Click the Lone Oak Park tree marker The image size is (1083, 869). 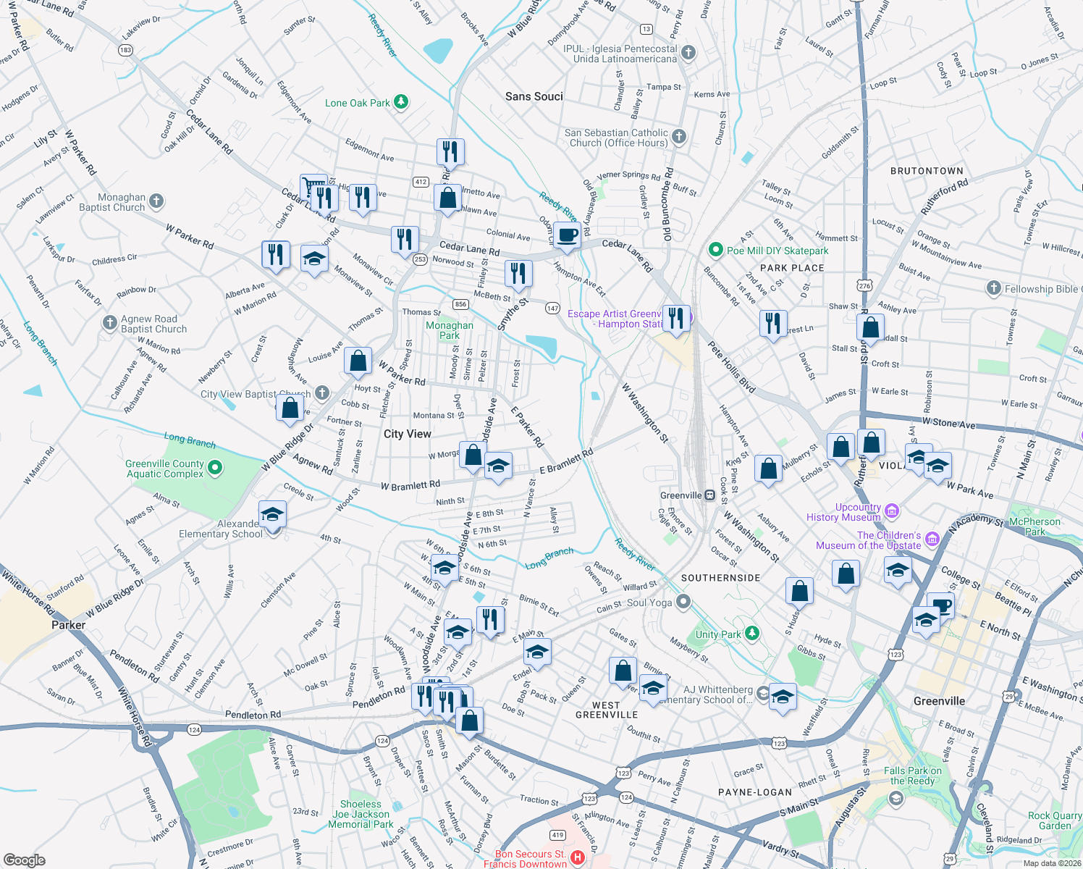[x=400, y=102]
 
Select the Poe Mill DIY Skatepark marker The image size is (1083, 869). [x=715, y=250]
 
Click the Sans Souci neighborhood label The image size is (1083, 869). [x=534, y=96]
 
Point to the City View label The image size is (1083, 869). [x=407, y=434]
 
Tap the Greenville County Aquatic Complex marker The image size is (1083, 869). [x=215, y=468]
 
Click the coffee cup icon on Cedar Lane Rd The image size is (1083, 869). [x=567, y=235]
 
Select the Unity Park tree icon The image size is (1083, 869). [x=752, y=634]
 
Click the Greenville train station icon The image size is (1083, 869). [x=710, y=495]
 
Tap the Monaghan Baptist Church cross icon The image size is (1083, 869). [x=156, y=201]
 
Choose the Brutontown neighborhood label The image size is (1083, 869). [x=927, y=171]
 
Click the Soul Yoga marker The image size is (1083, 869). [x=683, y=603]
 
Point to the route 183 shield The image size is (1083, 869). [x=125, y=49]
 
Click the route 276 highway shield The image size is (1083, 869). [x=864, y=285]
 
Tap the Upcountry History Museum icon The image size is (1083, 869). [x=891, y=511]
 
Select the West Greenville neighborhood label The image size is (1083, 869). [x=607, y=710]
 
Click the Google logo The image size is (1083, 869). [x=24, y=860]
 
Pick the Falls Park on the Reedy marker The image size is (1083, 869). [x=896, y=798]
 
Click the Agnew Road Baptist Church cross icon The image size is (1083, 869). [x=109, y=323]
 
